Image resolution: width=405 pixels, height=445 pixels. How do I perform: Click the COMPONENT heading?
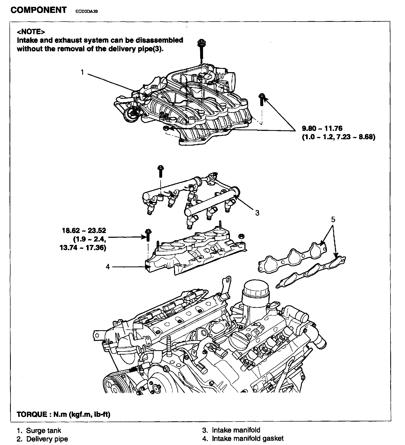click(x=38, y=10)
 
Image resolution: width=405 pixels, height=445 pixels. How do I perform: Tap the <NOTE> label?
click(x=31, y=32)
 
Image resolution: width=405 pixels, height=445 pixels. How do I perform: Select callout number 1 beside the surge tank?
click(x=83, y=72)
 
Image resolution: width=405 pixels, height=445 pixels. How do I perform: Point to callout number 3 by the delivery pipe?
click(x=257, y=212)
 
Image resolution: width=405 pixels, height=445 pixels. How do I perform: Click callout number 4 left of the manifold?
click(x=108, y=266)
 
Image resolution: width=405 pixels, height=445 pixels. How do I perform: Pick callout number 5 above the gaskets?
click(x=333, y=219)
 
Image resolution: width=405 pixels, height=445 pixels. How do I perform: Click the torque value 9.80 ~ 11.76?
click(x=322, y=128)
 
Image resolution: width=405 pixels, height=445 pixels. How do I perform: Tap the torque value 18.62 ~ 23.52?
click(x=84, y=231)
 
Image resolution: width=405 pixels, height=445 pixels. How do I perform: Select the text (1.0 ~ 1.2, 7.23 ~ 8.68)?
click(x=338, y=137)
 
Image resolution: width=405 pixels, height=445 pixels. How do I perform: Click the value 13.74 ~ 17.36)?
click(x=83, y=248)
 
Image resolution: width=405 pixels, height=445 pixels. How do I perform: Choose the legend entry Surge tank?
click(x=43, y=431)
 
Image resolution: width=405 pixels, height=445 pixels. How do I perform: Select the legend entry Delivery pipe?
click(x=47, y=439)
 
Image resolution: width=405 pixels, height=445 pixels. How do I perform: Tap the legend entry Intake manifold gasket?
click(x=248, y=438)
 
